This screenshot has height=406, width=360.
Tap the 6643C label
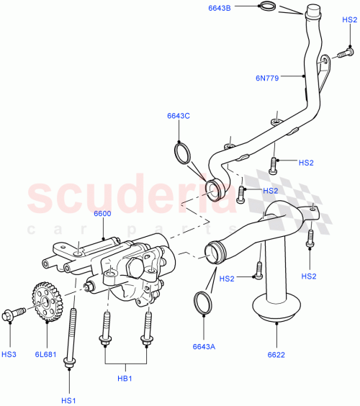(x=179, y=117)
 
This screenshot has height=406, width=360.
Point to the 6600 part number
(x=102, y=213)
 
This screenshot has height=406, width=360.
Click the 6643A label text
(x=204, y=347)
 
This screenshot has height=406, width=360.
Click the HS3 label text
(x=10, y=355)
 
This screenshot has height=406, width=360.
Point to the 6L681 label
(x=46, y=355)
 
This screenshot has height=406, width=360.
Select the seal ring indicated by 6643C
(x=184, y=153)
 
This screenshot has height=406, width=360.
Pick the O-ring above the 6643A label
(x=204, y=304)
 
